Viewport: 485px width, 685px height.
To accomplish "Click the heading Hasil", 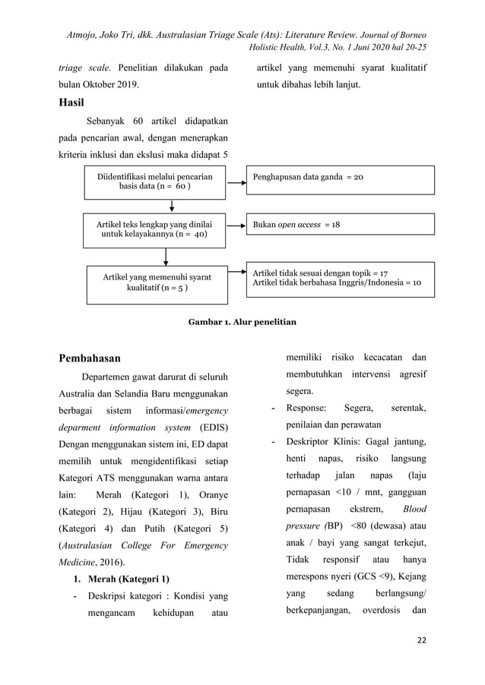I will [71, 102].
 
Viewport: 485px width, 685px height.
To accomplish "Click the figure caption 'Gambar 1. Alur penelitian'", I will [242, 322].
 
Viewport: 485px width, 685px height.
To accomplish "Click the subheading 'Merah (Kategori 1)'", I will [122, 579].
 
